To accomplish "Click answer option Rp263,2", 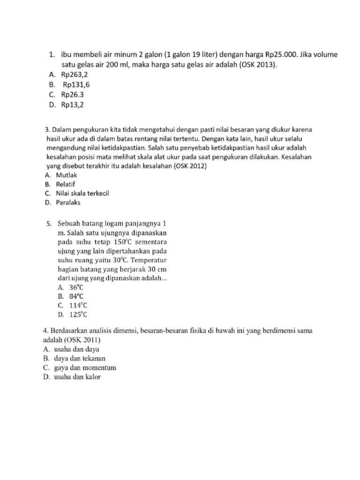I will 74,74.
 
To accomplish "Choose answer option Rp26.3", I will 72,95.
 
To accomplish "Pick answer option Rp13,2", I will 72,105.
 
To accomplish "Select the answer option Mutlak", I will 66,175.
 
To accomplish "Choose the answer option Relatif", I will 66,184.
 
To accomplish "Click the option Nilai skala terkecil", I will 82,193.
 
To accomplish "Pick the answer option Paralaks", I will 68,202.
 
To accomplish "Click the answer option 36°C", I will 76,287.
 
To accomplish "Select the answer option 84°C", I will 76,296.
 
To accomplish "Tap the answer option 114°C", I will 78,306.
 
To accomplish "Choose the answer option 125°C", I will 78,315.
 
